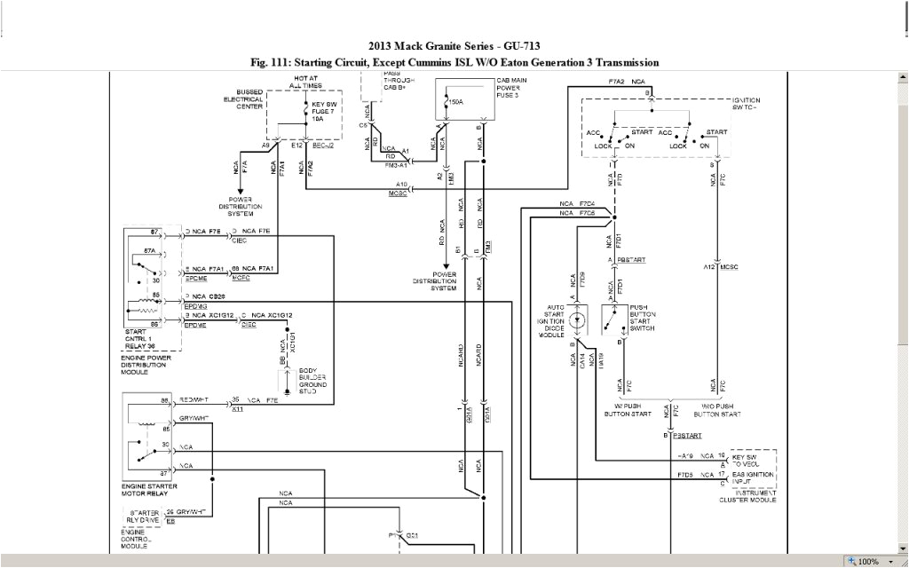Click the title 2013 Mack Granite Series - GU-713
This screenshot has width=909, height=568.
454,46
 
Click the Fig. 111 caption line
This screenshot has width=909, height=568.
454,62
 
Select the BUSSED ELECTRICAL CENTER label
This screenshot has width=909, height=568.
242,99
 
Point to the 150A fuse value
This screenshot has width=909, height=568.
456,100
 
